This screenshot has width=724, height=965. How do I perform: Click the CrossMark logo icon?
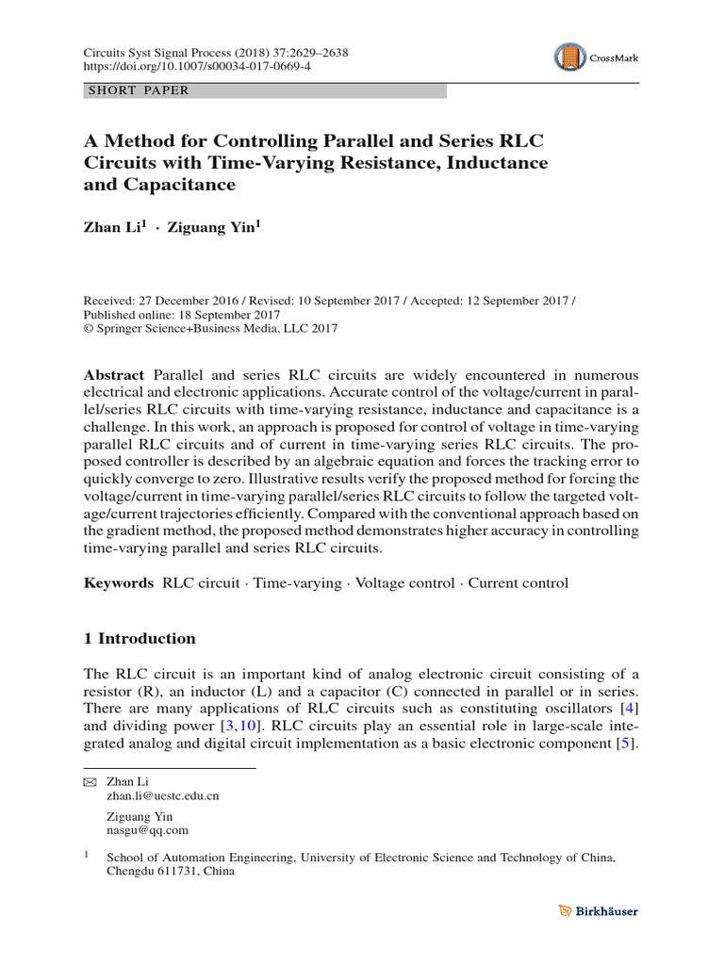point(569,57)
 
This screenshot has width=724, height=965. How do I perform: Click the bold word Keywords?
point(119,583)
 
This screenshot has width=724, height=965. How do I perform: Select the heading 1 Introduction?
point(140,638)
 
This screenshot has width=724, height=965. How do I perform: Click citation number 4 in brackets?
point(630,707)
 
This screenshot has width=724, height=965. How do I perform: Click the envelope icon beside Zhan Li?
point(90,782)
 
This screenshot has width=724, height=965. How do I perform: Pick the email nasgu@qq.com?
point(148,830)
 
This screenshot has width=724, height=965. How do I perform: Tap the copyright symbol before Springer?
point(90,329)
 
